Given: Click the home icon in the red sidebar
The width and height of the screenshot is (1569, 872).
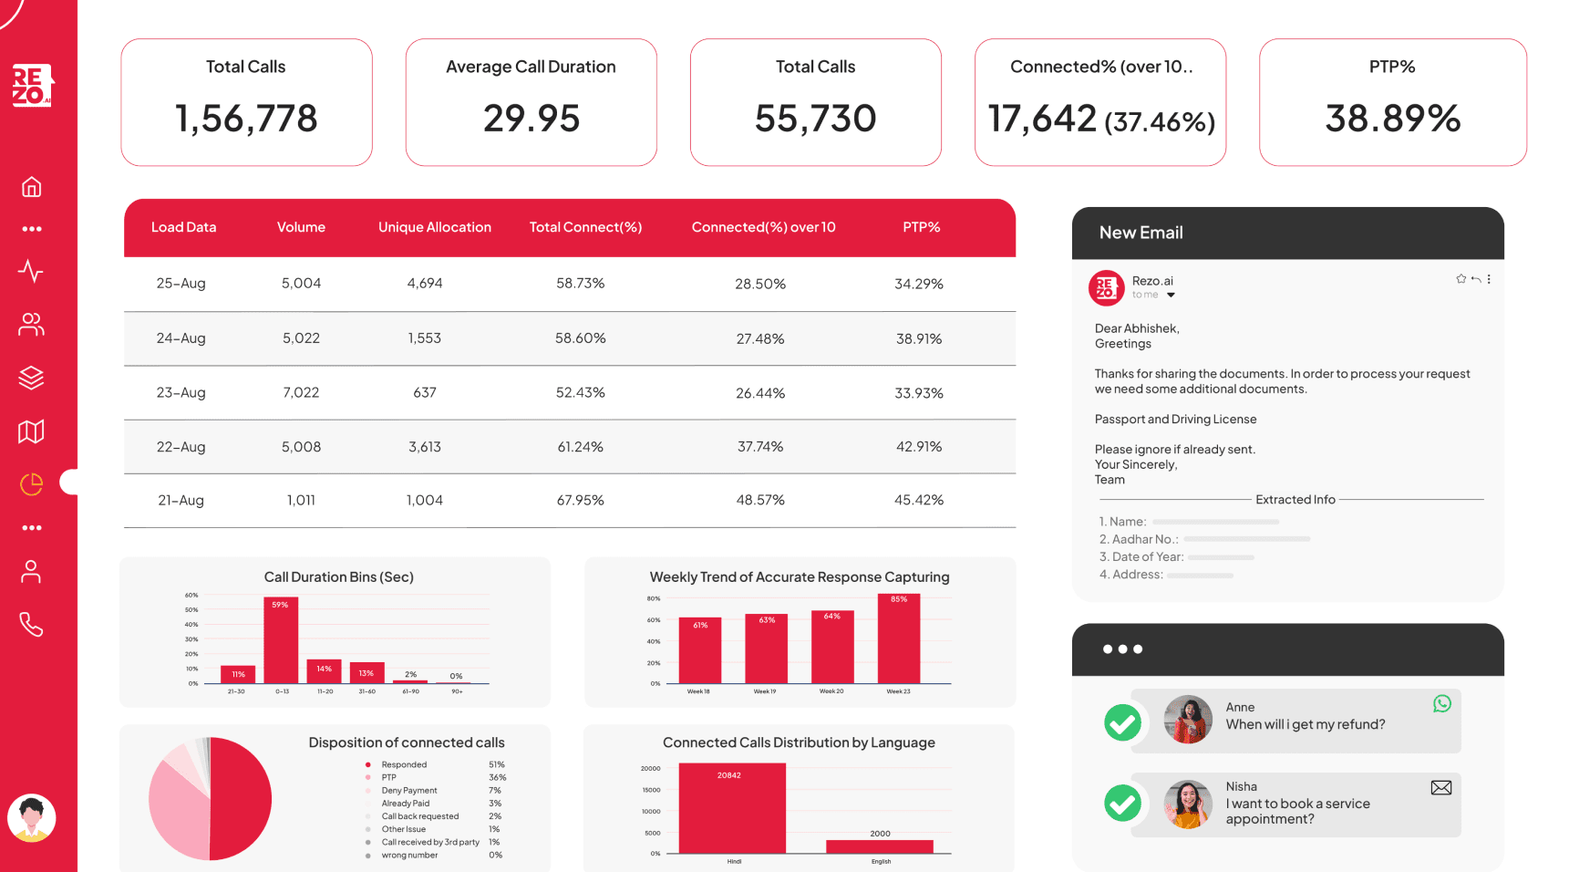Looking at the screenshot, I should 31,187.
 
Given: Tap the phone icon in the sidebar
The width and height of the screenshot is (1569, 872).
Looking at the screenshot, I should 31,625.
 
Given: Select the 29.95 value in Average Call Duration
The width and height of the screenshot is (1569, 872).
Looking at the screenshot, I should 531,119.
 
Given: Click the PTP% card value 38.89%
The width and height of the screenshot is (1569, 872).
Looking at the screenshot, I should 1392,119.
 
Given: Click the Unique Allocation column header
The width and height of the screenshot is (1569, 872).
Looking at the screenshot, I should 434,227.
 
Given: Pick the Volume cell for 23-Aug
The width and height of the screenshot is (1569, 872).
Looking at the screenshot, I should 301,392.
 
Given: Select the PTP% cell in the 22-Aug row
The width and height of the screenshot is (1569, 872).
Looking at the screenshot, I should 918,447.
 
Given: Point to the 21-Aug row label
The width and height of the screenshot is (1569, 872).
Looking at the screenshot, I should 181,500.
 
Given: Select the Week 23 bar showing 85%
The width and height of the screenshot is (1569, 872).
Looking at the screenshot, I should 899,638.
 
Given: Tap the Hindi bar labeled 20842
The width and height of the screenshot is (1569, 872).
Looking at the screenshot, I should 732,808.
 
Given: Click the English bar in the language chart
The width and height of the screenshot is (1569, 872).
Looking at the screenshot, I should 879,846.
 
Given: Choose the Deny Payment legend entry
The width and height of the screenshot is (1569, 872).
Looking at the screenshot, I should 409,791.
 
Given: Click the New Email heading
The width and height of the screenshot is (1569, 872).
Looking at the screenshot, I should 1141,233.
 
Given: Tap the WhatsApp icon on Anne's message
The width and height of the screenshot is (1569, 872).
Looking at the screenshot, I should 1441,703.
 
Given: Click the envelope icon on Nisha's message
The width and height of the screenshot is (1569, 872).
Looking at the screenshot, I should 1441,787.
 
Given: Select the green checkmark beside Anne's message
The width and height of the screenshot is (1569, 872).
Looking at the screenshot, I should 1122,723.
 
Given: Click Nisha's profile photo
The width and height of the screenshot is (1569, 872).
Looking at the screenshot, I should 1187,804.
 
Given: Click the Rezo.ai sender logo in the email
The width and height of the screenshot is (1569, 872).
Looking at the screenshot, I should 1106,288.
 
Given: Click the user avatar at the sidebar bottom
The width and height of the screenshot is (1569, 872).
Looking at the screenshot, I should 32,818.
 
